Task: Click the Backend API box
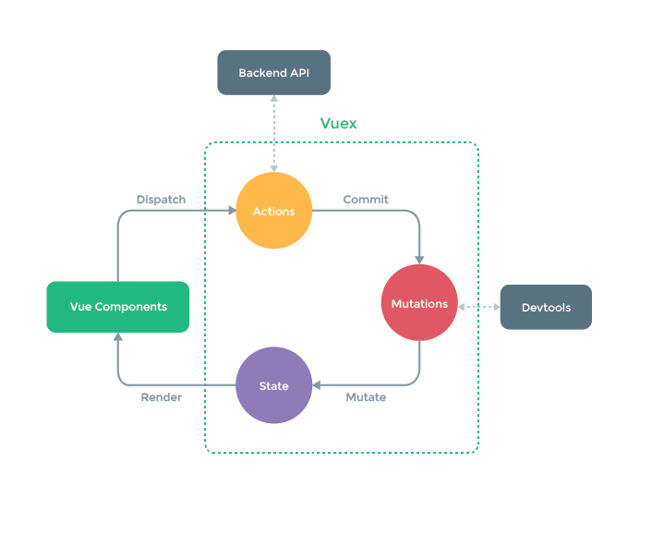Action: pos(273,72)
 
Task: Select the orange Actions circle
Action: pos(273,211)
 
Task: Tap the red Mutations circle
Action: pos(419,303)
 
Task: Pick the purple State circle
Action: pos(273,385)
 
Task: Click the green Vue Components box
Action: pos(117,307)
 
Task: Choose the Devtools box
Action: pos(545,307)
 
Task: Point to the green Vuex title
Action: pos(338,123)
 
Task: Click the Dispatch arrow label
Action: pos(161,199)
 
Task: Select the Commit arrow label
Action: pos(366,199)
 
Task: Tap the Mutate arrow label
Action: pos(366,397)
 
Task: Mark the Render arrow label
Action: pos(161,397)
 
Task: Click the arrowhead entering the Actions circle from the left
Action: pos(231,211)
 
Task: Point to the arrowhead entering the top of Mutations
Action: pos(419,259)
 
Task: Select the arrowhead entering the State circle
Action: pos(317,385)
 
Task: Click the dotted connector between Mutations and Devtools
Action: pos(478,307)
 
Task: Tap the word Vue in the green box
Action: pos(80,307)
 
